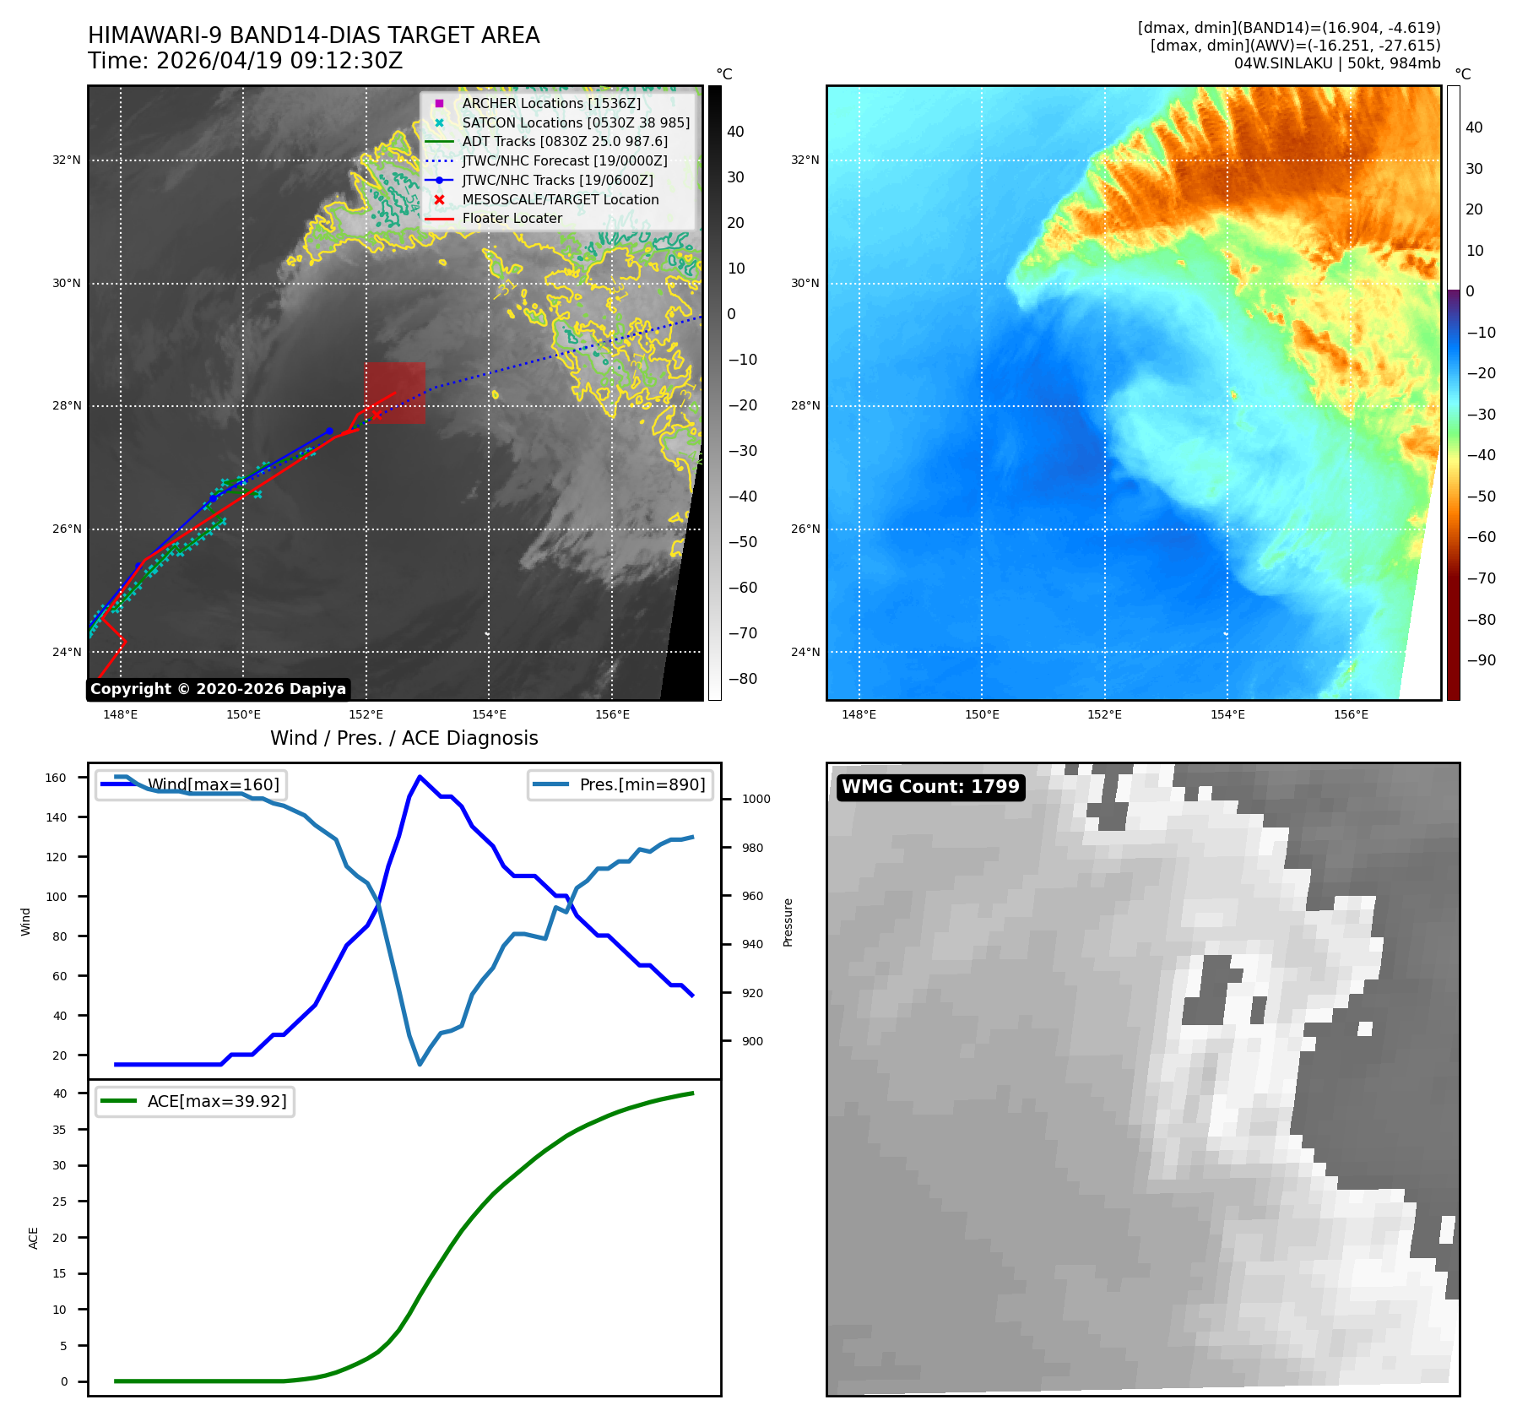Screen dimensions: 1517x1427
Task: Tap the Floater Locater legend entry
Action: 494,219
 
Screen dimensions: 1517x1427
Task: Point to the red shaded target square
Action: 395,393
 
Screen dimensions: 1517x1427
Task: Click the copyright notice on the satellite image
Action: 218,689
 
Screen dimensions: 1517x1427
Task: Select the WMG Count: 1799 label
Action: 930,787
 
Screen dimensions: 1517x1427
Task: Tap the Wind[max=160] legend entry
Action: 190,784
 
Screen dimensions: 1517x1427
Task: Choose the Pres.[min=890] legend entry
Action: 620,784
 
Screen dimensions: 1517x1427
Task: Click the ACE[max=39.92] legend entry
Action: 194,1101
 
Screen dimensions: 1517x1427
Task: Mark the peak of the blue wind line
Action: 420,777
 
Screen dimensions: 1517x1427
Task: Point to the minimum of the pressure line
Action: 420,1064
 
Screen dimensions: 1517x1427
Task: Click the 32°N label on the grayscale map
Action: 67,160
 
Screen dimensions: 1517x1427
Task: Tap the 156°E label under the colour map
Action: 1351,714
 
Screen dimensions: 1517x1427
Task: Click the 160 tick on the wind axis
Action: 56,778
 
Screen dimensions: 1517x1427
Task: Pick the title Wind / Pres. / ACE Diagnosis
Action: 404,738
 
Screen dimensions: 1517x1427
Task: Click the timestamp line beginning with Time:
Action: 246,61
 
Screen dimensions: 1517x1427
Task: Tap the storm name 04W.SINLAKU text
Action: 1283,63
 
